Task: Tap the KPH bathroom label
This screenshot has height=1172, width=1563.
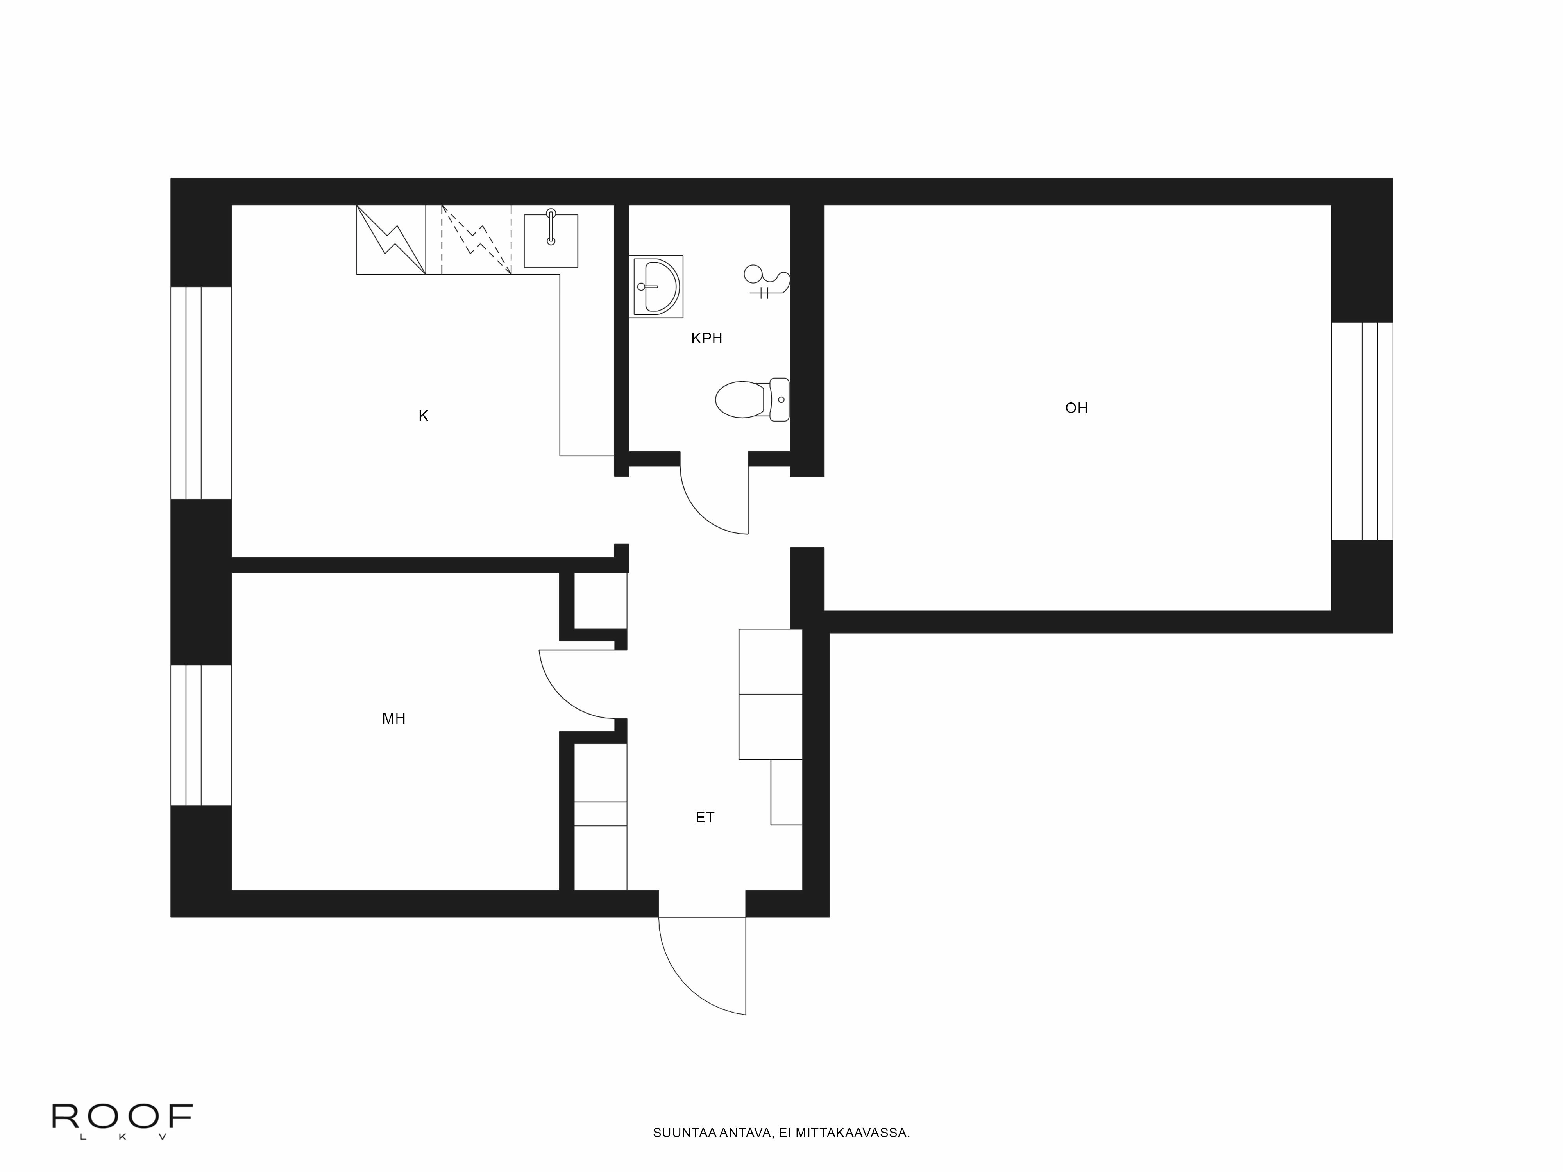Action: pos(706,338)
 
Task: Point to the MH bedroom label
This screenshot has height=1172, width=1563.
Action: pos(393,718)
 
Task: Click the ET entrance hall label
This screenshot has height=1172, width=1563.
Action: pos(705,817)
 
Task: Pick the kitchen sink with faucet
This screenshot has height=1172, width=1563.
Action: pos(551,240)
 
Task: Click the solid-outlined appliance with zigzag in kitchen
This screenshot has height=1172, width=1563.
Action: pos(391,239)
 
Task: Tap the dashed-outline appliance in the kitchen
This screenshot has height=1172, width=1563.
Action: pos(476,239)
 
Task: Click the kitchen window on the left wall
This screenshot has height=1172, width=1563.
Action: pos(201,393)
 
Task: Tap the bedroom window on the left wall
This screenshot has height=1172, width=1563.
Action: pos(201,735)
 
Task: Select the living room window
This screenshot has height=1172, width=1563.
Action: pos(1362,431)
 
